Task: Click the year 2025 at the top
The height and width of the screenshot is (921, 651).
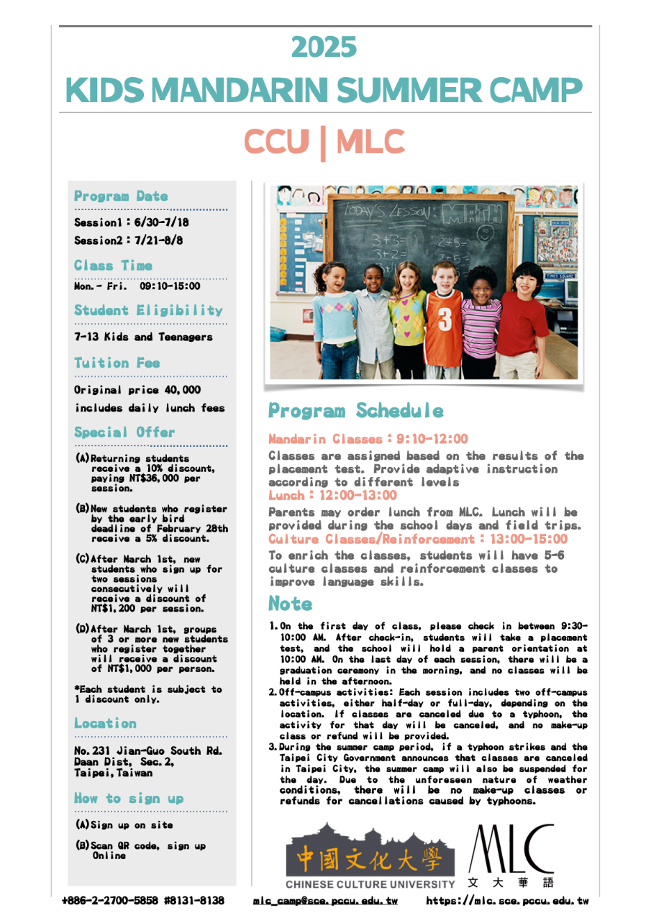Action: pyautogui.click(x=324, y=47)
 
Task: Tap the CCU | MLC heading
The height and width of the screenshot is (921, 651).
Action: pyautogui.click(x=324, y=142)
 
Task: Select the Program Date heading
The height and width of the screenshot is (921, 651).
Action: pyautogui.click(x=121, y=196)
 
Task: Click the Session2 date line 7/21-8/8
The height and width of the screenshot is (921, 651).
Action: pyautogui.click(x=128, y=240)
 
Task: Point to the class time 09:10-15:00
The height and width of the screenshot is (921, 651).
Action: pyautogui.click(x=170, y=286)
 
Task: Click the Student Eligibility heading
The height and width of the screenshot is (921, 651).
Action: pyautogui.click(x=148, y=311)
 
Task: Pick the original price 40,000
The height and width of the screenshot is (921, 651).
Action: pyautogui.click(x=137, y=390)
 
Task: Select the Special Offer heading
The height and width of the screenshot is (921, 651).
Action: pyautogui.click(x=124, y=432)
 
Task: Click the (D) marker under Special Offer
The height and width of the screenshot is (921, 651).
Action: pyautogui.click(x=83, y=629)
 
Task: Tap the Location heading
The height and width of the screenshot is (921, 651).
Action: pyautogui.click(x=105, y=724)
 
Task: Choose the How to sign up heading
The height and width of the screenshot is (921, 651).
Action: pyautogui.click(x=129, y=799)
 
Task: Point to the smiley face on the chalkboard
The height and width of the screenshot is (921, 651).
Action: pyautogui.click(x=486, y=234)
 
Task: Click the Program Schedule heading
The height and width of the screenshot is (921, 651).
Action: pyautogui.click(x=356, y=411)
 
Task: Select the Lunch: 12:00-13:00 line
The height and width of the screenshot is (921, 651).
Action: pyautogui.click(x=332, y=496)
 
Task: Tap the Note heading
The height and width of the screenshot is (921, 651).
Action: pyautogui.click(x=291, y=604)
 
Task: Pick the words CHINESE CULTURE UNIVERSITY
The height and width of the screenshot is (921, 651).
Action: pyautogui.click(x=370, y=884)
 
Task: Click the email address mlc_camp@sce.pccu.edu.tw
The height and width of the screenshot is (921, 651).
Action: pyautogui.click(x=325, y=901)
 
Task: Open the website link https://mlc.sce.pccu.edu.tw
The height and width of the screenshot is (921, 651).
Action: pyautogui.click(x=507, y=901)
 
